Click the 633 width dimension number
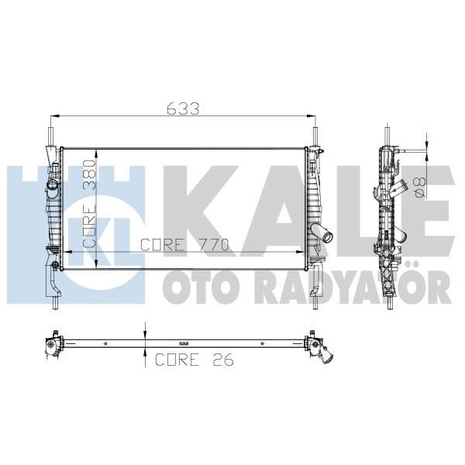coord(183,109)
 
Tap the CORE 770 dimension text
coord(184,246)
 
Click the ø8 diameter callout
coord(418,186)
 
